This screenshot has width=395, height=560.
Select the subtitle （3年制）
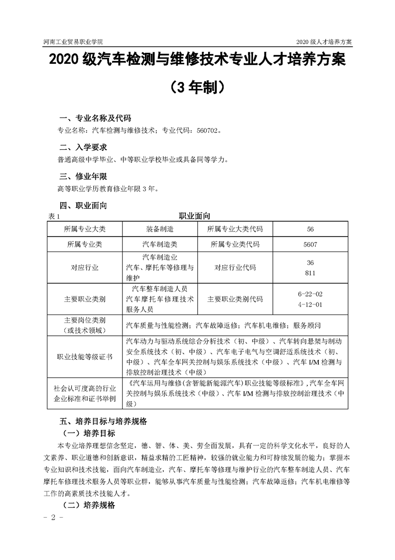point(197,88)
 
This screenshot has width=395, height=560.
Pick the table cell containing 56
point(310,229)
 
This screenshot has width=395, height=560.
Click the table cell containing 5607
point(310,245)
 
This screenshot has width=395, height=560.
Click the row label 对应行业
point(85,268)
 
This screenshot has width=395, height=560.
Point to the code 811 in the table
point(310,273)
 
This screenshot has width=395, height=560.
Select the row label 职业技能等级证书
point(85,357)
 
